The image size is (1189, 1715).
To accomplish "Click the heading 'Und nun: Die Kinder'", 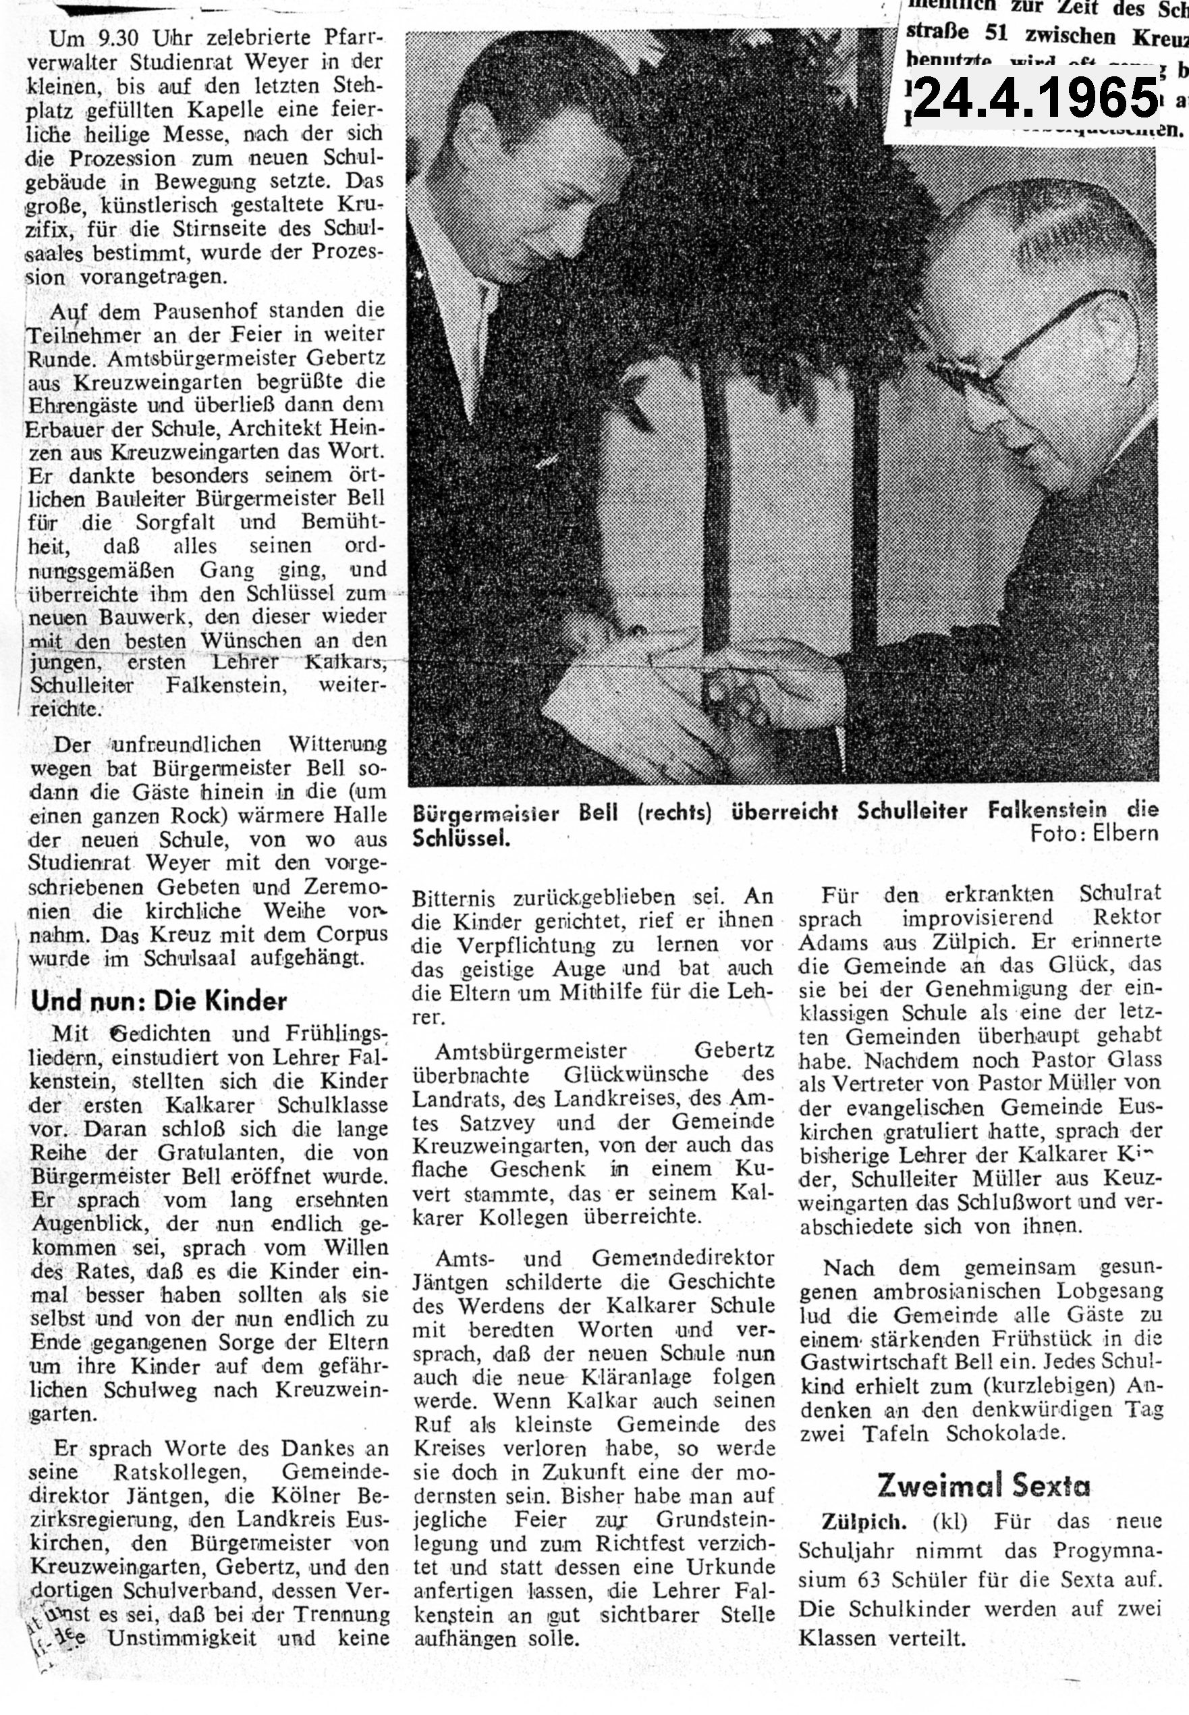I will (159, 1001).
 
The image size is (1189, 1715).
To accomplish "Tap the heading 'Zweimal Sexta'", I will (983, 1485).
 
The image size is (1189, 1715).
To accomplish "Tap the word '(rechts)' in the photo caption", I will (674, 812).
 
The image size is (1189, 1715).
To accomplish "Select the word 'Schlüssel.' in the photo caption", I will (462, 839).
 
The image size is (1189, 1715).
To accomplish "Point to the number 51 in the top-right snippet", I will (999, 35).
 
